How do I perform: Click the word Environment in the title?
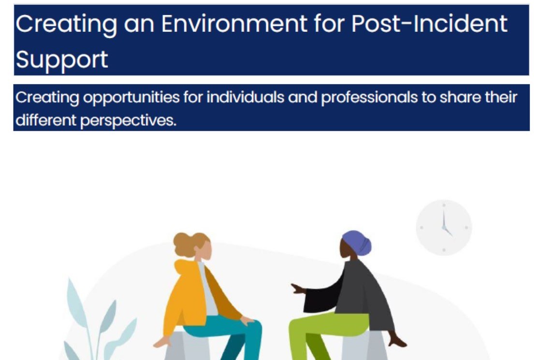point(234,24)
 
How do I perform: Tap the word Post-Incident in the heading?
point(429,24)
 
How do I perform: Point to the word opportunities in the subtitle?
point(131,98)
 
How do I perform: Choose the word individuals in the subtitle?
point(245,97)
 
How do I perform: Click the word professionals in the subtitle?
point(369,98)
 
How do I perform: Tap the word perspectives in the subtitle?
point(128,121)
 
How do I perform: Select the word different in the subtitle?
point(45,120)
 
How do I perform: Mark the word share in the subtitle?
point(460,97)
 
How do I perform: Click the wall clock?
point(444,227)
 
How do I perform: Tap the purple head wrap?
point(357,243)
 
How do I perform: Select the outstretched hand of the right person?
point(298,289)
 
